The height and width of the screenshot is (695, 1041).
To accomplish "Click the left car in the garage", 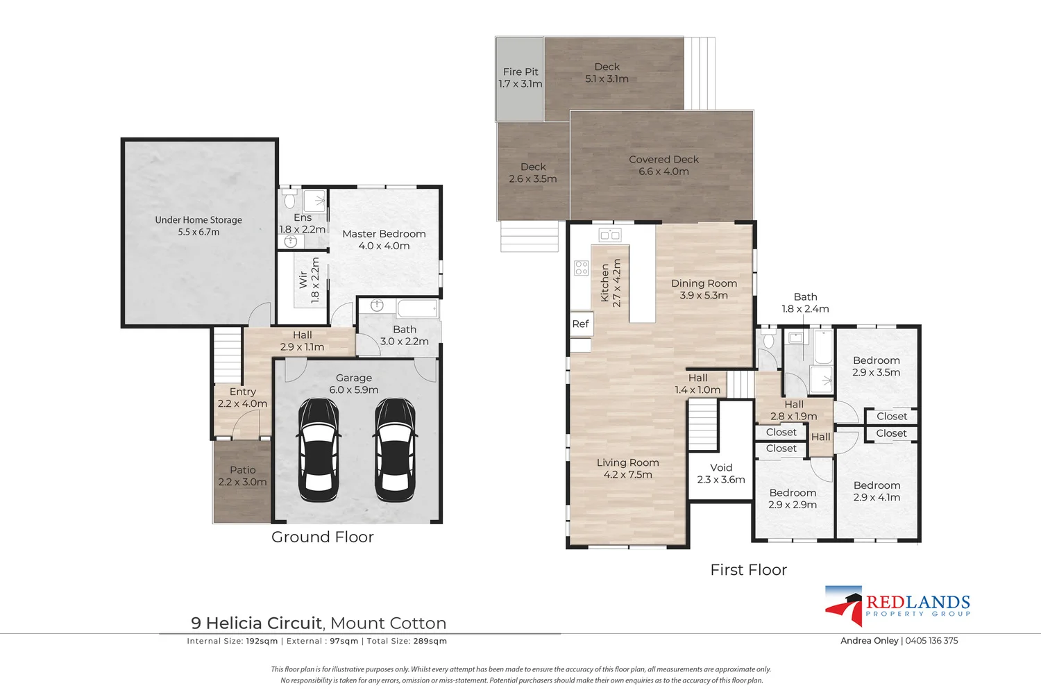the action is tap(319, 449).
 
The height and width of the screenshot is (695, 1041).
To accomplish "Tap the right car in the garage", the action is tap(395, 449).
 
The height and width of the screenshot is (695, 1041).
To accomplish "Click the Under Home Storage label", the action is tap(198, 226).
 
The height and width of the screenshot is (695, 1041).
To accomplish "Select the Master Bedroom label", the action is tap(384, 240).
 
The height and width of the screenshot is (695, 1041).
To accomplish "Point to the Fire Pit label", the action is tap(520, 78).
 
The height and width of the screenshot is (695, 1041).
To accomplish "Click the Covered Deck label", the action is tap(663, 165).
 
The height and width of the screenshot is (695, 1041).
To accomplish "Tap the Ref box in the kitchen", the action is tap(581, 324).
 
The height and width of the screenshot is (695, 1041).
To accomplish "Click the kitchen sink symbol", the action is tap(610, 235).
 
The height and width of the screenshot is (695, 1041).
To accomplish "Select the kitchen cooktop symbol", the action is tap(582, 268).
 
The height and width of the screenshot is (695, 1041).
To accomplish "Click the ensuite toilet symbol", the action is tap(289, 199).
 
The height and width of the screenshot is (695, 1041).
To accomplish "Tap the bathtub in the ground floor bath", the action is tap(417, 309).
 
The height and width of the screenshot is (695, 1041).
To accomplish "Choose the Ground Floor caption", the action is tap(323, 537).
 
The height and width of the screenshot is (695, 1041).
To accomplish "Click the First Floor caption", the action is tap(749, 570).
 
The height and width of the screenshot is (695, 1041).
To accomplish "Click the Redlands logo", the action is tap(897, 605).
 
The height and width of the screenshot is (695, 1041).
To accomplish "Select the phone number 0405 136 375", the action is tap(932, 641).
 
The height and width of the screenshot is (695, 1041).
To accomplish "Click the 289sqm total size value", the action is tap(430, 641).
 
